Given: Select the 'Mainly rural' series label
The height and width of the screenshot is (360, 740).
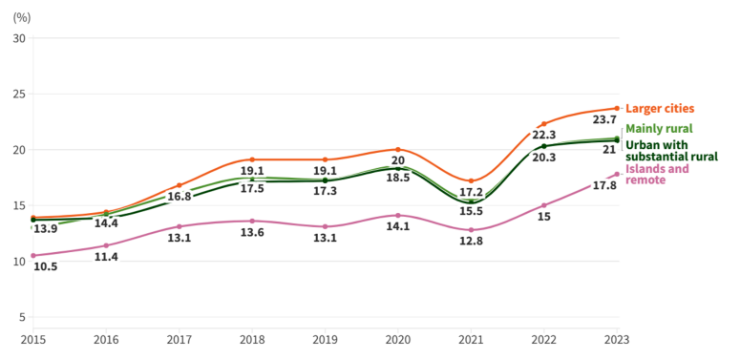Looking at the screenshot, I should tap(658, 129).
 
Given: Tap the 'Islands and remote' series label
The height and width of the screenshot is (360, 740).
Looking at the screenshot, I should tap(656, 175).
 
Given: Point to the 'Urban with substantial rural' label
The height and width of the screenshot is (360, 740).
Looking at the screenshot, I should tap(670, 151).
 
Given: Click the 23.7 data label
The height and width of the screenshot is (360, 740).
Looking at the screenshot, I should tap(604, 120).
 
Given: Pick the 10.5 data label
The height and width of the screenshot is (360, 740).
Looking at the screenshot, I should tap(45, 267).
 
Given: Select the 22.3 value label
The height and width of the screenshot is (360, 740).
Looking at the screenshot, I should tap(543, 137).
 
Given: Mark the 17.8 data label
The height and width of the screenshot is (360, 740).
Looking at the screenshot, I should tap(604, 186).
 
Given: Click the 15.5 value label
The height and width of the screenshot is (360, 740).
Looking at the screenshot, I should tap(470, 211).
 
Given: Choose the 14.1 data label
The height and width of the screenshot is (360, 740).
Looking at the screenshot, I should tap(397, 227).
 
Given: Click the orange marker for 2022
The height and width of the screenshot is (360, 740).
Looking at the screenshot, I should tap(544, 124).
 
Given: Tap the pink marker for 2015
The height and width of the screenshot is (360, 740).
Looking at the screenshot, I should tap(33, 256).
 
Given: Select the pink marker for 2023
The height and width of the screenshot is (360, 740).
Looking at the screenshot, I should tap(617, 174).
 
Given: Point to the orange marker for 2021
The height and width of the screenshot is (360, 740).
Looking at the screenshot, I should tap(471, 180).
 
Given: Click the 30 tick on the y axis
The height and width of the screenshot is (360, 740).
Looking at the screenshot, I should tap(19, 38).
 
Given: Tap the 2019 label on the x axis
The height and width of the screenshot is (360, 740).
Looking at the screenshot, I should tap(325, 339).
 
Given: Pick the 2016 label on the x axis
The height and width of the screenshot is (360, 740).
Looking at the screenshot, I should tap(106, 339).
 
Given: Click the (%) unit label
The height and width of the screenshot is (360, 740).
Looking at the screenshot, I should tap(22, 17).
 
